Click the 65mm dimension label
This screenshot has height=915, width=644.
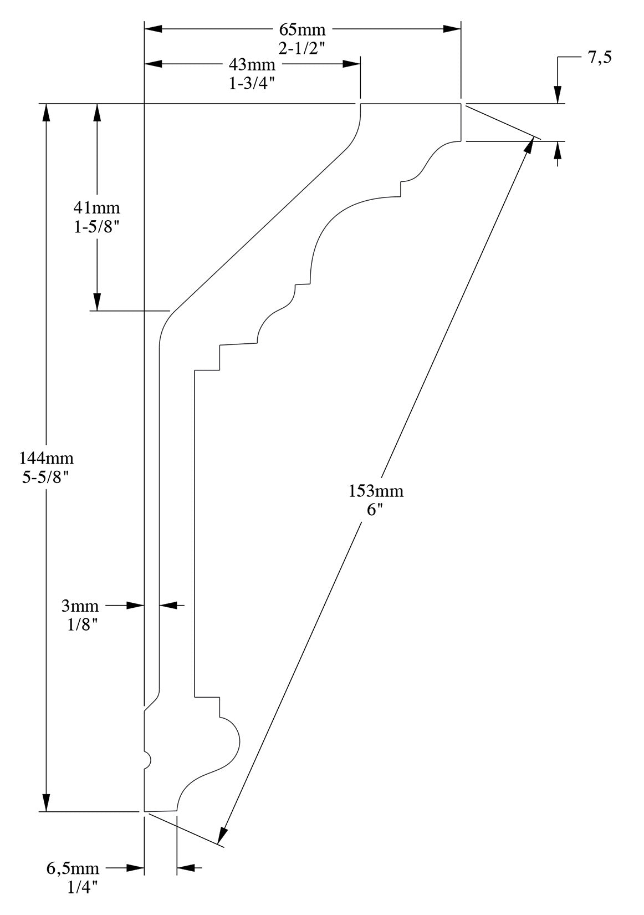[302, 29]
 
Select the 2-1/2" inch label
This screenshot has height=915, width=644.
[302, 48]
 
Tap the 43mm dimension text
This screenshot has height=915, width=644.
[252, 64]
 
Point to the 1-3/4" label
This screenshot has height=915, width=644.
[252, 84]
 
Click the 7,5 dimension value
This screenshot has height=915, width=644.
[600, 57]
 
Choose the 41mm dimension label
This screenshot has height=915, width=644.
[97, 208]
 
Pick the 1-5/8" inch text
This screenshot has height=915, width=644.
[97, 227]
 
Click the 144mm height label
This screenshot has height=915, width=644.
[47, 458]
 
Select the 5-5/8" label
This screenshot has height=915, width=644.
[47, 477]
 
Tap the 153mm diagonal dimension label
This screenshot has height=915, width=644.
[376, 491]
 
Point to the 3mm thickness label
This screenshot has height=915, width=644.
[80, 606]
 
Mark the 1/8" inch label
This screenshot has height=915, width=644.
[83, 625]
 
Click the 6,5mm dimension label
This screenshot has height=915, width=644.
[73, 868]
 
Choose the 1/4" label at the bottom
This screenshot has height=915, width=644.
[83, 887]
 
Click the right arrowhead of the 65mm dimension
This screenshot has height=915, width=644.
[453, 29]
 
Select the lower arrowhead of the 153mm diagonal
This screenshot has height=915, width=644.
[223, 835]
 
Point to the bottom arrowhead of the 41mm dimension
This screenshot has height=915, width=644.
[97, 302]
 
